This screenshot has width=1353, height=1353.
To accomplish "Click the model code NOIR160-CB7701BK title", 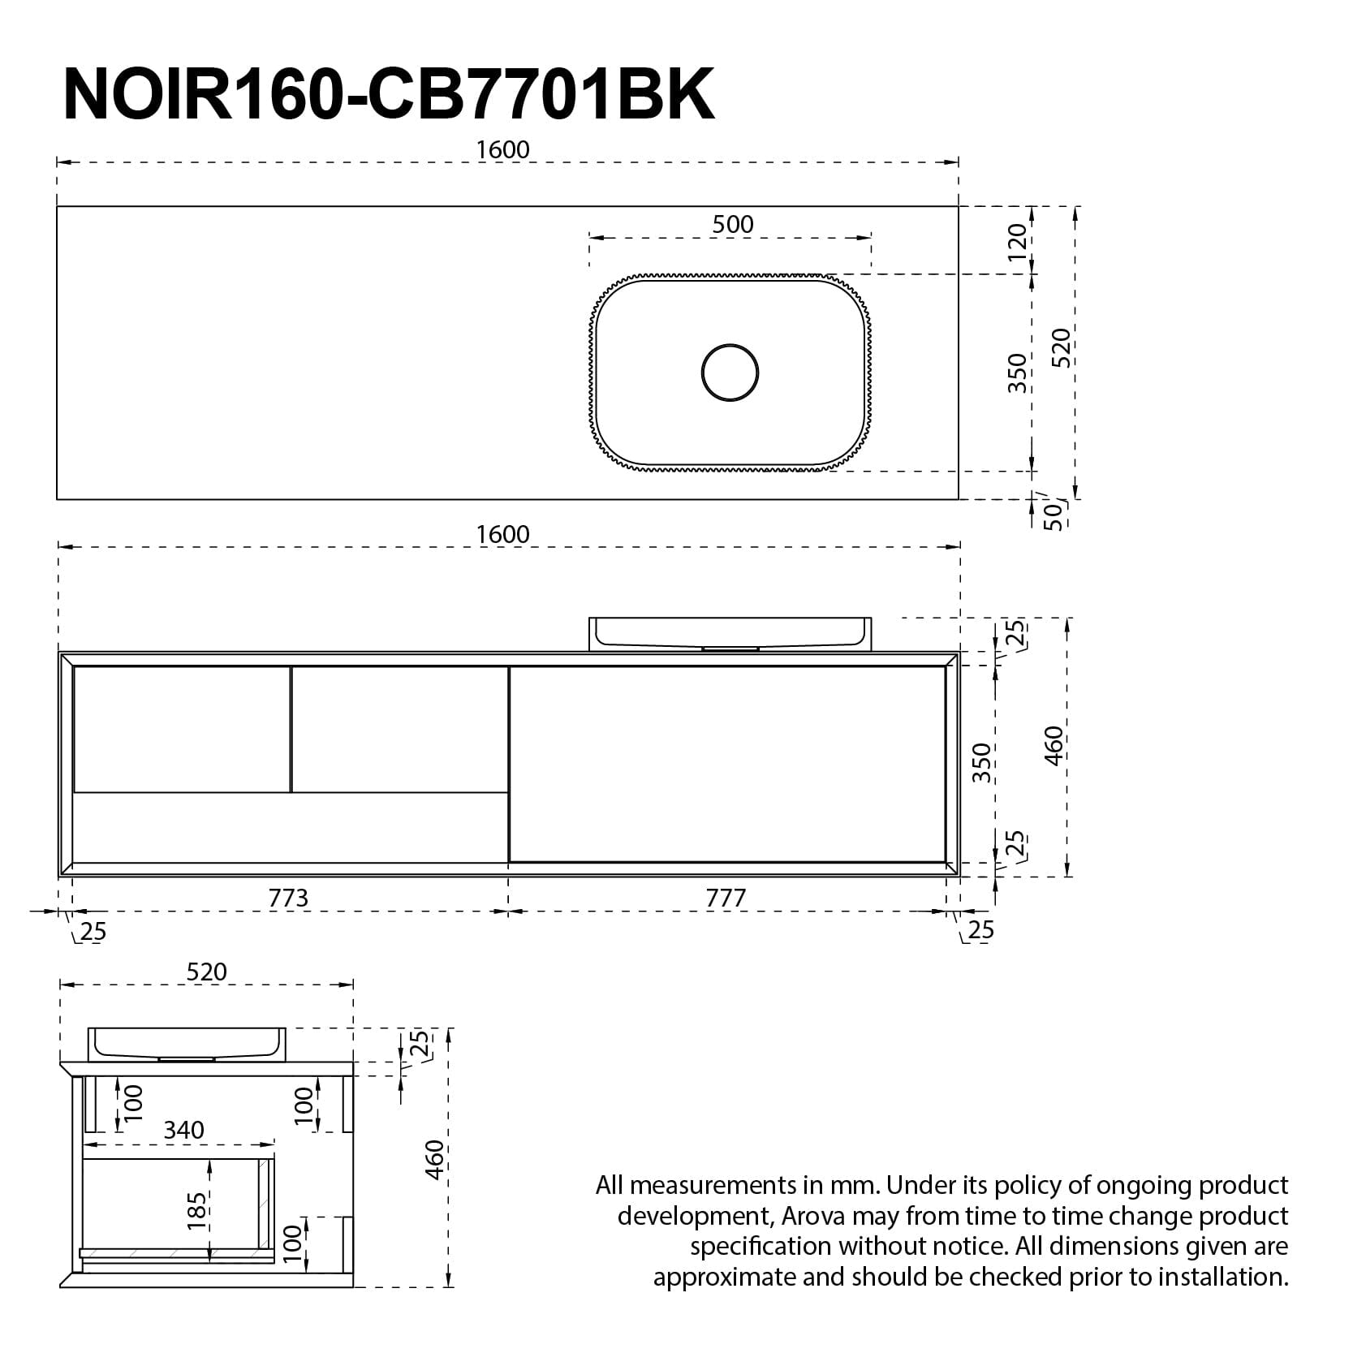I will pos(388,95).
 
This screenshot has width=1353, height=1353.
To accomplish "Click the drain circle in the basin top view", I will pos(730,373).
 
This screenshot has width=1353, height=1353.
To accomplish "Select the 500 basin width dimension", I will pos(732,224).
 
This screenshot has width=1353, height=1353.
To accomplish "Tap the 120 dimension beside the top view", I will pos(1017,241).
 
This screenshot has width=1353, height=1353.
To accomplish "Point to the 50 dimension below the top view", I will pos(1053,515).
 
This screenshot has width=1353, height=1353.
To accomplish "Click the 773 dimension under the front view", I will pos(288,898).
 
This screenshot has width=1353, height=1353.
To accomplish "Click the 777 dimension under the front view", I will pos(726,898).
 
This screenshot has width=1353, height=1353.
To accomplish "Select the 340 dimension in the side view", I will pos(184,1130).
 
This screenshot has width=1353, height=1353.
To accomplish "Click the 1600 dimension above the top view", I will pos(502,150).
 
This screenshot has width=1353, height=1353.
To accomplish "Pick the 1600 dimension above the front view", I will pos(502,534).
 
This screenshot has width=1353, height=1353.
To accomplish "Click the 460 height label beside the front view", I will pos(1054,745).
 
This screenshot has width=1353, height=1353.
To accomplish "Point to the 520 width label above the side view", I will pos(207,972).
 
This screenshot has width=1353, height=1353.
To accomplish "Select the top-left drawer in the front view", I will pos(182,728).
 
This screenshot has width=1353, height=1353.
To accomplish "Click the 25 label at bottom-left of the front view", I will pos(93,931).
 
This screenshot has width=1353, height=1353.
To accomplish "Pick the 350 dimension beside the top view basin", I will pos(1017,373).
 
